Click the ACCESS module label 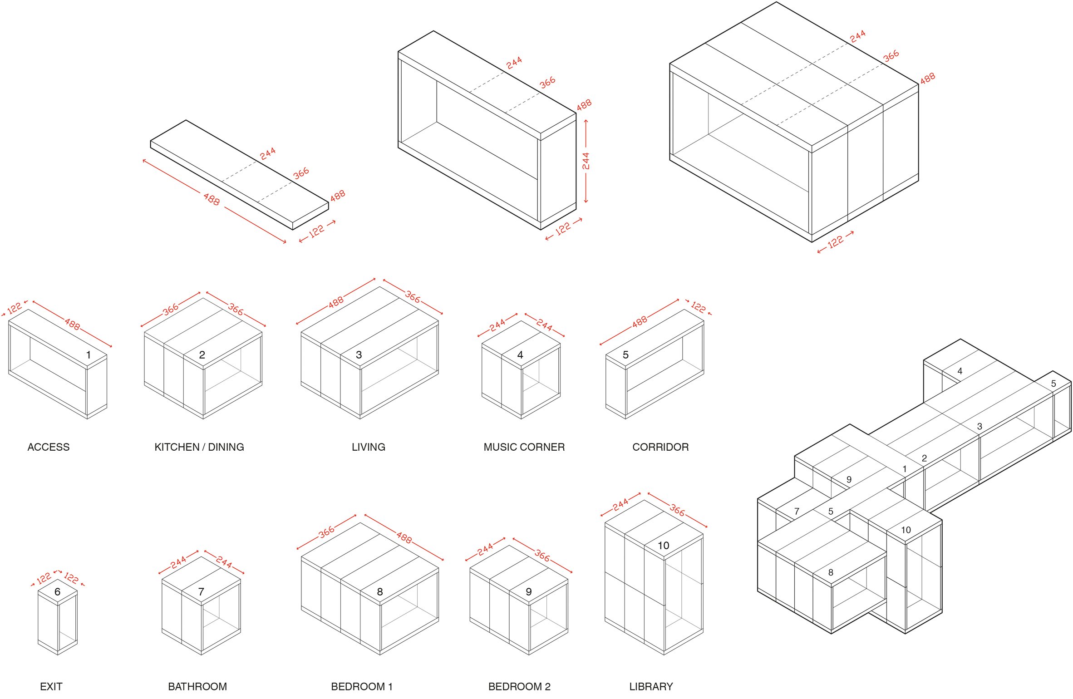click(x=49, y=447)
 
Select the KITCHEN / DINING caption click(x=199, y=447)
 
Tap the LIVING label click(x=368, y=447)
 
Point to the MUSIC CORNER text click(x=524, y=447)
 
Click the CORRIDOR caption click(x=660, y=447)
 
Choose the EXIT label click(x=51, y=686)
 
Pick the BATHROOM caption click(x=197, y=686)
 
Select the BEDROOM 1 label click(x=362, y=686)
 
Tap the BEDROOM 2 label click(x=519, y=686)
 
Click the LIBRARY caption click(x=651, y=686)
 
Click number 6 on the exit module click(x=57, y=592)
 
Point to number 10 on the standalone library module click(x=663, y=546)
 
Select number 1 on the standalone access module click(x=89, y=355)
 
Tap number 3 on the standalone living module click(x=359, y=355)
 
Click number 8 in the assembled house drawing click(x=831, y=572)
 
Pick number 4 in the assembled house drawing click(x=960, y=371)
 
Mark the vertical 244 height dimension click(x=586, y=161)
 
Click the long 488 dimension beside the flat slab click(x=212, y=199)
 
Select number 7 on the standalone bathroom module click(x=201, y=592)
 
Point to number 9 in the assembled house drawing click(x=849, y=480)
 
